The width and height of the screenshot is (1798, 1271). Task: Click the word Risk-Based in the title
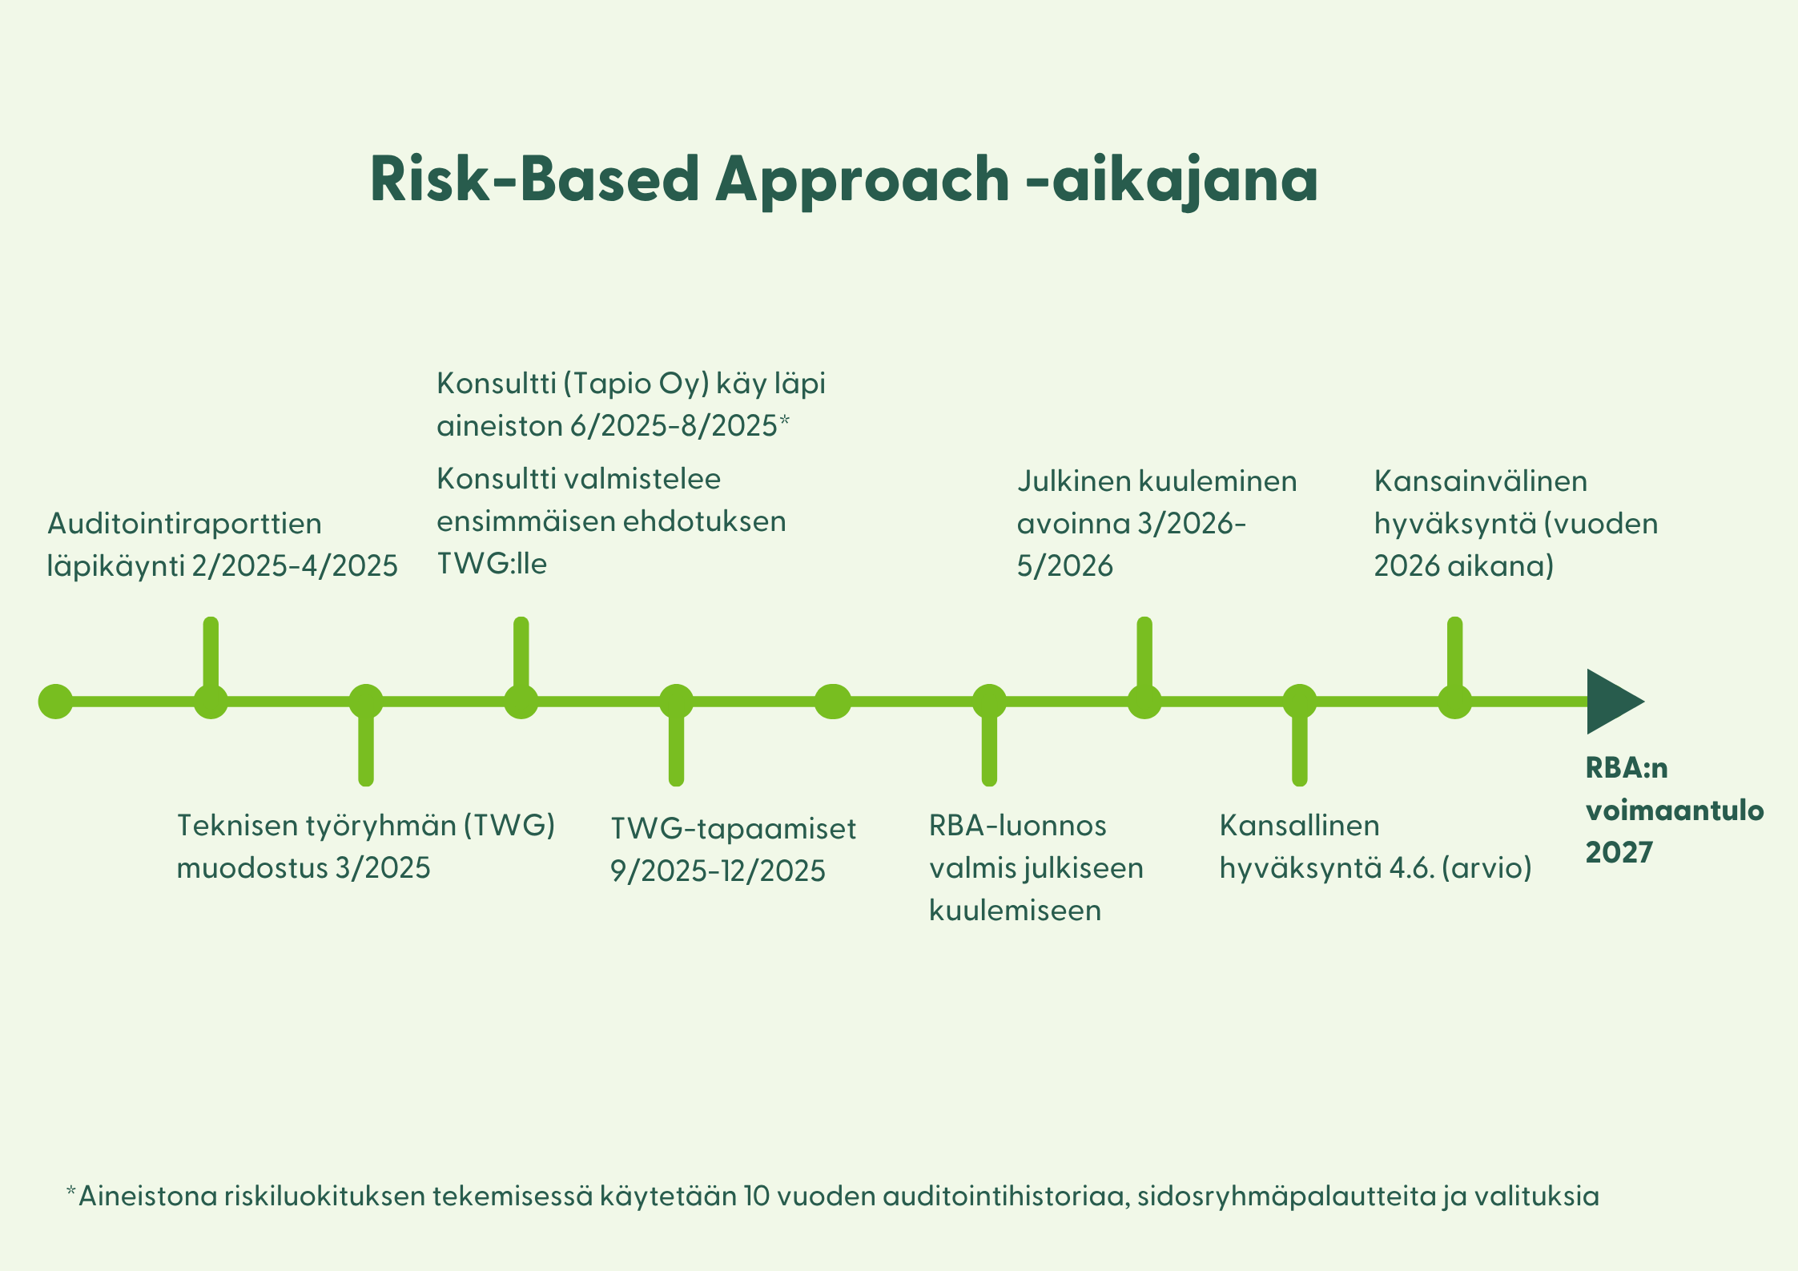pyautogui.click(x=535, y=179)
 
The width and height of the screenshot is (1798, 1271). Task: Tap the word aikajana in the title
pyautogui.click(x=1185, y=182)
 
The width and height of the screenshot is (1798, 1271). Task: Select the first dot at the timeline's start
pyautogui.click(x=55, y=702)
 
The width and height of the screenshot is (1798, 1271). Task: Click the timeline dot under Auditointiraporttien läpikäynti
pyautogui.click(x=211, y=702)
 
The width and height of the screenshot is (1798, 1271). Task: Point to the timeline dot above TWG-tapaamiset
pyautogui.click(x=676, y=702)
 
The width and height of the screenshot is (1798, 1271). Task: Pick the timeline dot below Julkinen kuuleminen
pyautogui.click(x=1144, y=702)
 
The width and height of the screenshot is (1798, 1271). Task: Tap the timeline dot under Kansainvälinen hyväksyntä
pyautogui.click(x=1455, y=702)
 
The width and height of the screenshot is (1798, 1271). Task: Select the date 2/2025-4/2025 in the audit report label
pyautogui.click(x=295, y=566)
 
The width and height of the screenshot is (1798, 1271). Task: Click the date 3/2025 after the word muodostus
pyautogui.click(x=383, y=868)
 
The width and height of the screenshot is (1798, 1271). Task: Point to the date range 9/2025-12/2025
pyautogui.click(x=718, y=871)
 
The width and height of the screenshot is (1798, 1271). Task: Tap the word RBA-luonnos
pyautogui.click(x=1017, y=826)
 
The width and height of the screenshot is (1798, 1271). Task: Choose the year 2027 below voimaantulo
pyautogui.click(x=1619, y=853)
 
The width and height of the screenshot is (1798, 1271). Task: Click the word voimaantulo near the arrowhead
pyautogui.click(x=1675, y=810)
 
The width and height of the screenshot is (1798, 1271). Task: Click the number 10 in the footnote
pyautogui.click(x=757, y=1197)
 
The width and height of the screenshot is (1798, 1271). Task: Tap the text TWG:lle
pyautogui.click(x=492, y=564)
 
